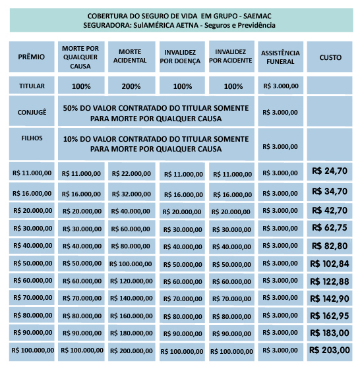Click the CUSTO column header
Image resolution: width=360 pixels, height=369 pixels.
click(x=330, y=57)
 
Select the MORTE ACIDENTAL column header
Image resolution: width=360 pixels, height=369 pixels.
click(x=130, y=56)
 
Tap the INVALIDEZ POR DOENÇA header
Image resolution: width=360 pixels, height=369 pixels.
click(x=180, y=57)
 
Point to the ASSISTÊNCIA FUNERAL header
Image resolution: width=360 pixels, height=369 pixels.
click(x=280, y=57)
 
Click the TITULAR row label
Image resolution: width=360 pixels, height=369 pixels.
click(x=32, y=86)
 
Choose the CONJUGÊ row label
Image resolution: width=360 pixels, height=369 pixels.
click(x=32, y=112)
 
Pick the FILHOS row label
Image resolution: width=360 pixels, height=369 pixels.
click(x=32, y=138)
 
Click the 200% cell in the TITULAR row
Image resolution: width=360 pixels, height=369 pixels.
click(x=131, y=86)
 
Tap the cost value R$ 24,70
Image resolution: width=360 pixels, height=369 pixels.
click(x=330, y=171)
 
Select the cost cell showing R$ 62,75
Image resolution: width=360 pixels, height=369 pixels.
click(x=330, y=227)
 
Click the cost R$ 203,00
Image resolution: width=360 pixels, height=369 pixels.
click(x=330, y=350)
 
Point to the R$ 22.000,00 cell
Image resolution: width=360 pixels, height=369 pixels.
click(x=131, y=174)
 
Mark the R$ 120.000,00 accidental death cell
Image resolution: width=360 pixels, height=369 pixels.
click(x=131, y=281)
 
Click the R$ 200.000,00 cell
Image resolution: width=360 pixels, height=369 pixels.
click(x=131, y=351)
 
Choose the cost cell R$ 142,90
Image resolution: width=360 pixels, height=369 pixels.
click(x=330, y=298)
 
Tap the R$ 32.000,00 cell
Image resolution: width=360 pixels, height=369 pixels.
click(x=131, y=194)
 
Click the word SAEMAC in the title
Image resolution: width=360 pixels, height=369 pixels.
click(x=257, y=16)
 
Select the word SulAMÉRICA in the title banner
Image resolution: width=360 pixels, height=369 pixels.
click(x=166, y=25)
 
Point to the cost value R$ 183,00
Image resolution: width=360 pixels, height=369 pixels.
click(x=330, y=333)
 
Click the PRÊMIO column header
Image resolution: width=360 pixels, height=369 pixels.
click(x=31, y=57)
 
